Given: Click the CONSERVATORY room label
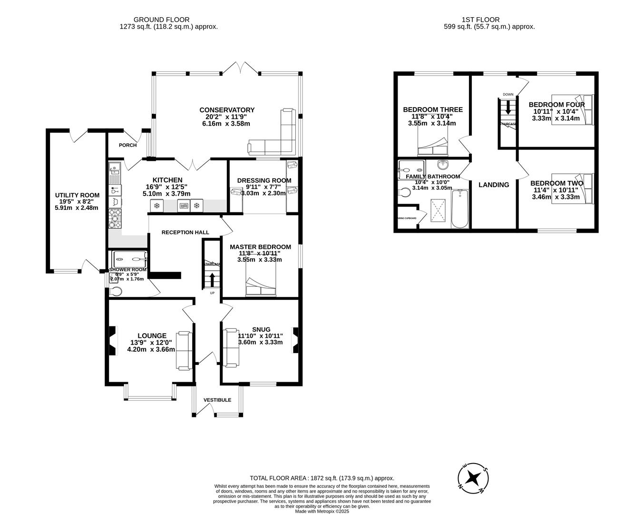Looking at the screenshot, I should [227, 110].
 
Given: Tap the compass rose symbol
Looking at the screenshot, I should [473, 477].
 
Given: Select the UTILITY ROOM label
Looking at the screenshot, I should [77, 195].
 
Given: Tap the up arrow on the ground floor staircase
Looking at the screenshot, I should [212, 280].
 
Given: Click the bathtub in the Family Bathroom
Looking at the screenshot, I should [459, 209].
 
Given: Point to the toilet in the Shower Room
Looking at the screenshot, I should [115, 291].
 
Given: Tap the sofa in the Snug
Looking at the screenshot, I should [232, 347].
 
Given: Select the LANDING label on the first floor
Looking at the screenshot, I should [494, 185].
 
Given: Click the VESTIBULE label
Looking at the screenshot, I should [217, 400].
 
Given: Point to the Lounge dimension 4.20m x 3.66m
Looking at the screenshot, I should [151, 349].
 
